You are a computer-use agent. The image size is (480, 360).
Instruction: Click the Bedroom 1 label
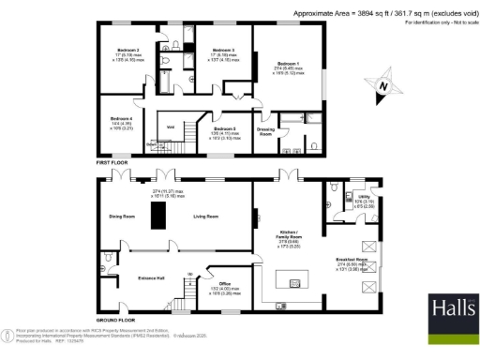[288, 63]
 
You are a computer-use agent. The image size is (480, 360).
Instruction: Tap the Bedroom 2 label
[128, 50]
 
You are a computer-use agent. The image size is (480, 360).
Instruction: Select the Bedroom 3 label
[222, 50]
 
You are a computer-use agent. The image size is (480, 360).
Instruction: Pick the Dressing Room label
[266, 132]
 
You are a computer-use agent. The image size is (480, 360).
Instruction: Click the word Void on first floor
[172, 127]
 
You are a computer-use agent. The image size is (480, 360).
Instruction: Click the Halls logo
[454, 311]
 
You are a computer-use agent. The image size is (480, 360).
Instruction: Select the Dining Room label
[123, 217]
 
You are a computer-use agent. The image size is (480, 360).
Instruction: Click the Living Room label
[206, 217]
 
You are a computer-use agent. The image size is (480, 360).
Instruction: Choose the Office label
[224, 283]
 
